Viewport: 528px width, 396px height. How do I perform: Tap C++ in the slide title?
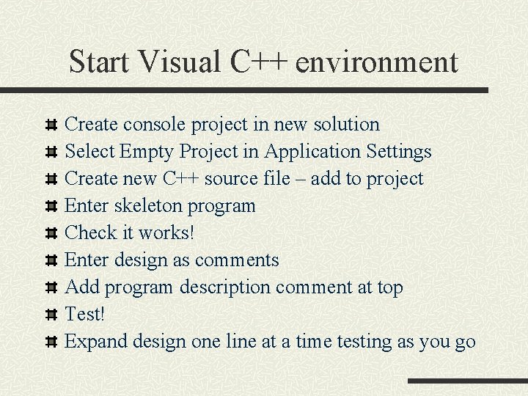[x=260, y=62]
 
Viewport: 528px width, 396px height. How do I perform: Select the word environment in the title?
[x=377, y=62]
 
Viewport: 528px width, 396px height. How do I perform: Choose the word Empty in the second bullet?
[x=147, y=152]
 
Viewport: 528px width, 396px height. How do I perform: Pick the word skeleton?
[x=149, y=206]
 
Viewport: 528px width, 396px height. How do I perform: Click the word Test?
[x=85, y=314]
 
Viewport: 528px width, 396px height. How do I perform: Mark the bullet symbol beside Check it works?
[x=51, y=233]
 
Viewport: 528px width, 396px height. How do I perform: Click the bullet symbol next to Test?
[x=51, y=315]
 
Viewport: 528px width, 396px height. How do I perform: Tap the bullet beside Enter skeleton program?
[x=51, y=206]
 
